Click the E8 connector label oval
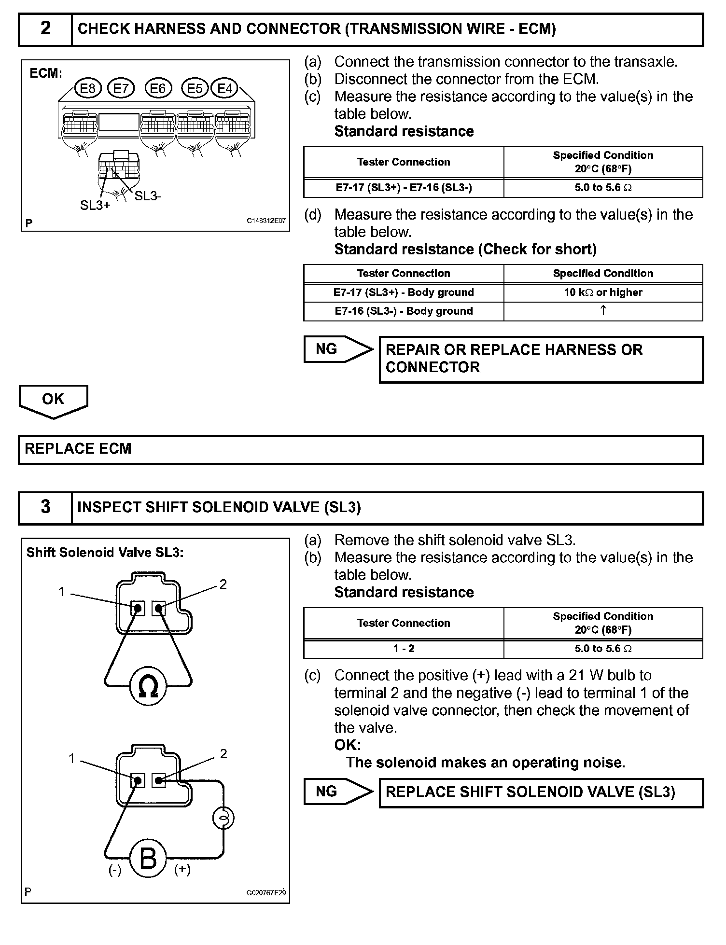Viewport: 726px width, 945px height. click(x=88, y=88)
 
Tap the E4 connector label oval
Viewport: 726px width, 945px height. click(x=225, y=88)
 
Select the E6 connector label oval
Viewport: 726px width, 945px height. click(x=158, y=88)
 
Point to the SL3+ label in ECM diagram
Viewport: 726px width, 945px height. click(x=95, y=205)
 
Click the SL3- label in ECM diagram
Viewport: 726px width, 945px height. click(x=148, y=196)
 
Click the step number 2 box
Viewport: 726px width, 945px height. click(x=45, y=29)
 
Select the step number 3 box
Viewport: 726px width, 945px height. click(x=45, y=507)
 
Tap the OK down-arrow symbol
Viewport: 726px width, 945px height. click(x=53, y=401)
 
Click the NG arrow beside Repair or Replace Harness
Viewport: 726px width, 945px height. click(x=338, y=349)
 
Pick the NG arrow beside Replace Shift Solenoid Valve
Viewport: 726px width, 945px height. click(x=338, y=792)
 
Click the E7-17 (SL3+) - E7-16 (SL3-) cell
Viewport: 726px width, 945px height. click(x=404, y=188)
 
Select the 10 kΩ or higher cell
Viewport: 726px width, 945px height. click(x=603, y=292)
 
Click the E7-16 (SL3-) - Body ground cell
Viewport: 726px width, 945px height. click(x=404, y=311)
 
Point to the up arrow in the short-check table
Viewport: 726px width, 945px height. click(x=603, y=311)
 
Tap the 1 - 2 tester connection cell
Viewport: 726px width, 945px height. click(x=404, y=649)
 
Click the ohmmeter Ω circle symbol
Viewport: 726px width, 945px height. click(x=148, y=687)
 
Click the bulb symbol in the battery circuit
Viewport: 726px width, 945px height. click(x=223, y=818)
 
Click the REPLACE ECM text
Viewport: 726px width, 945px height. click(x=78, y=449)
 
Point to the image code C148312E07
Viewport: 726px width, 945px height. click(x=266, y=221)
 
